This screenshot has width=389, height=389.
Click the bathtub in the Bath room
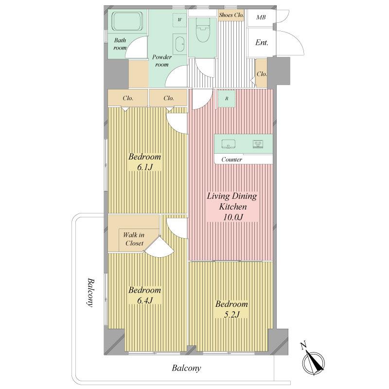(128, 21)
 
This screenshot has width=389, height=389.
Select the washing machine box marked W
(179, 20)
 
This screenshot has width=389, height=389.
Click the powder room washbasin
(179, 44)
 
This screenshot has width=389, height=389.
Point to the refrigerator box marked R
(227, 99)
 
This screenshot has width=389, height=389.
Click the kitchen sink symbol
(229, 144)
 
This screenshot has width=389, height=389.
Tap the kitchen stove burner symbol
(258, 144)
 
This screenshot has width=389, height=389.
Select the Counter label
(232, 159)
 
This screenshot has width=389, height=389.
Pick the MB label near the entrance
(261, 17)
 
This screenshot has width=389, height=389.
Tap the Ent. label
(262, 42)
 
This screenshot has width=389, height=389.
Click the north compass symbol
(313, 360)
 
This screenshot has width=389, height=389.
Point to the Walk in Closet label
(134, 239)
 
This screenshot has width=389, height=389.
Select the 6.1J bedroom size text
(144, 167)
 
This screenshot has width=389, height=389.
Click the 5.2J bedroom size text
(231, 315)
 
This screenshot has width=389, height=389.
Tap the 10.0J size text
(233, 217)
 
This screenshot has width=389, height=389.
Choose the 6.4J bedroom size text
(144, 301)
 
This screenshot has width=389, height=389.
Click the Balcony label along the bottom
(186, 368)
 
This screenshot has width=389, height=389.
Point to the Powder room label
(162, 61)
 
